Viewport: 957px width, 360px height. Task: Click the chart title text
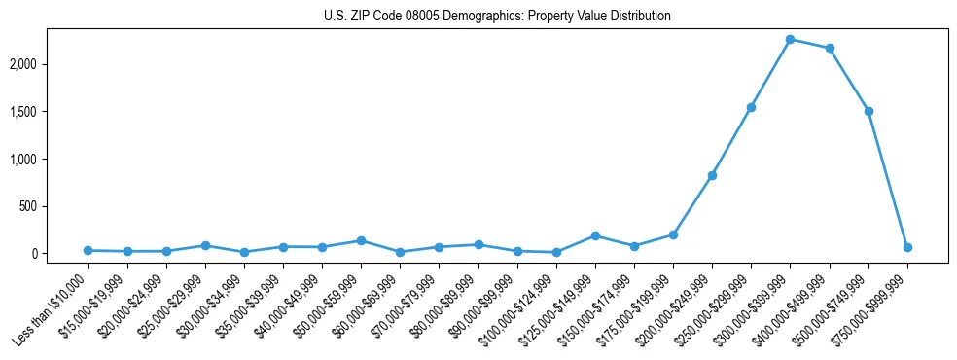coord(497,17)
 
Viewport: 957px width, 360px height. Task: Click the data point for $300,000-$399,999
coord(791,40)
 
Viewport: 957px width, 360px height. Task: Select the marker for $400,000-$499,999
coord(830,49)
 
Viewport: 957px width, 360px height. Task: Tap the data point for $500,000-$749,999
coord(868,111)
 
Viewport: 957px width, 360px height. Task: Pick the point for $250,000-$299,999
coord(751,107)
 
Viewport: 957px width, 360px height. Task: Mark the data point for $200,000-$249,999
coord(712,176)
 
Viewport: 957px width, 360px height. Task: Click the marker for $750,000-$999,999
coord(907,247)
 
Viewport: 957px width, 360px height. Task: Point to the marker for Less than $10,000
coord(88,250)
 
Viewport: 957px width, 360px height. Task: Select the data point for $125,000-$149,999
coord(595,235)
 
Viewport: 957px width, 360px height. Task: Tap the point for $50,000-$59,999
coord(361,240)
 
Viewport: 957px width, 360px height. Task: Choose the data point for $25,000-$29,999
coord(205,245)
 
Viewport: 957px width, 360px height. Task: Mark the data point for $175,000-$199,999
coord(673,234)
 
